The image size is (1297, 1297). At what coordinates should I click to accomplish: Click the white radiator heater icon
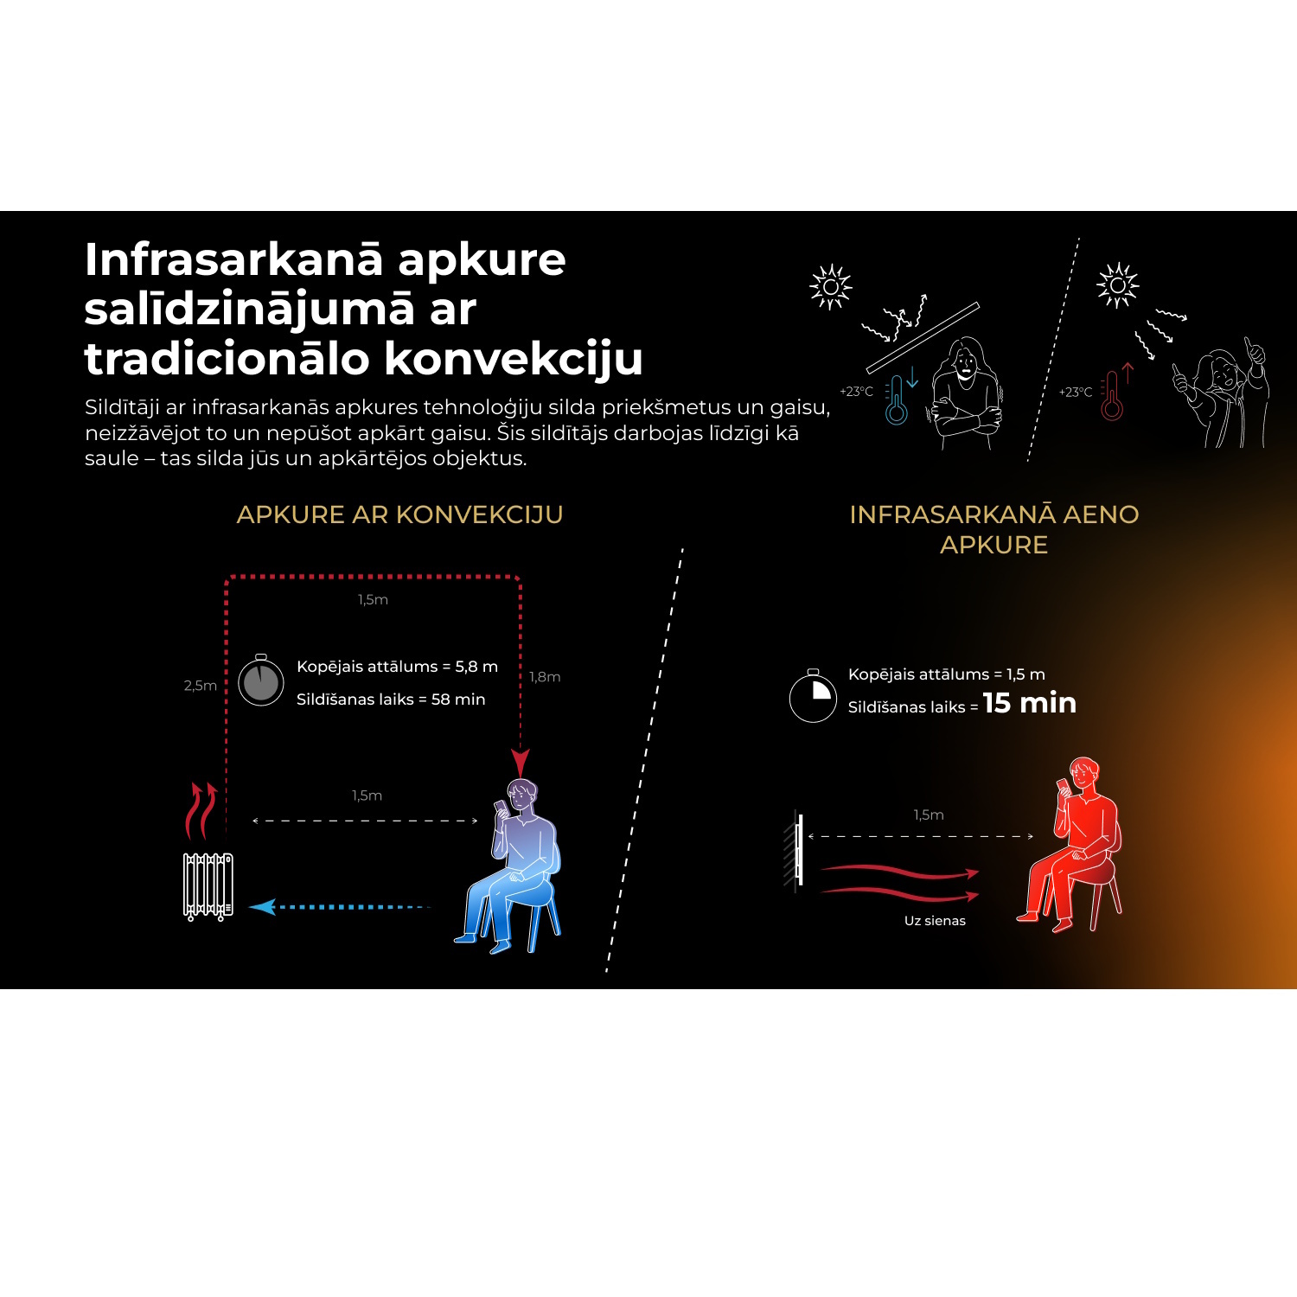[x=208, y=886]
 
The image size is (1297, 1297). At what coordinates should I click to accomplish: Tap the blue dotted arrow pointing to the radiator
[x=339, y=907]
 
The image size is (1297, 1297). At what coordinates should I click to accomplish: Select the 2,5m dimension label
[x=200, y=686]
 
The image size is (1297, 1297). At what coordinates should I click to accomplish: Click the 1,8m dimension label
[x=545, y=677]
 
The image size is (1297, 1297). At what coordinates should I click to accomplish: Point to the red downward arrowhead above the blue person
[x=520, y=764]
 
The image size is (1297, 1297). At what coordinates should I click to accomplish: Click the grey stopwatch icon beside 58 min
[x=261, y=680]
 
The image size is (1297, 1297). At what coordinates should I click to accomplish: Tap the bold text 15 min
[x=1030, y=703]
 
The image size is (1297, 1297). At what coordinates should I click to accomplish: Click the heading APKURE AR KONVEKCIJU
[x=399, y=514]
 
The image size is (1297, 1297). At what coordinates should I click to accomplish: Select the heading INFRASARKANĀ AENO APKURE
[x=994, y=529]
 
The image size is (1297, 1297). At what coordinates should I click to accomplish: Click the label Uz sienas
[x=935, y=921]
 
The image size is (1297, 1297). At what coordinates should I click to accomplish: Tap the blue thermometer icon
[x=897, y=399]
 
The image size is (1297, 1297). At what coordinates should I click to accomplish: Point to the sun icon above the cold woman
[x=831, y=286]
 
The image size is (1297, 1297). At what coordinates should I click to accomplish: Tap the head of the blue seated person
[x=521, y=794]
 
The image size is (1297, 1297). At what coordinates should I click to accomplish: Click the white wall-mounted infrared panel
[x=799, y=851]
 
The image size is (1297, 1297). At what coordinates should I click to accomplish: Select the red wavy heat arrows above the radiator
[x=201, y=810]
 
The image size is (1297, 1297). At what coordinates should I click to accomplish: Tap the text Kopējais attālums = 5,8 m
[x=398, y=667]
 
